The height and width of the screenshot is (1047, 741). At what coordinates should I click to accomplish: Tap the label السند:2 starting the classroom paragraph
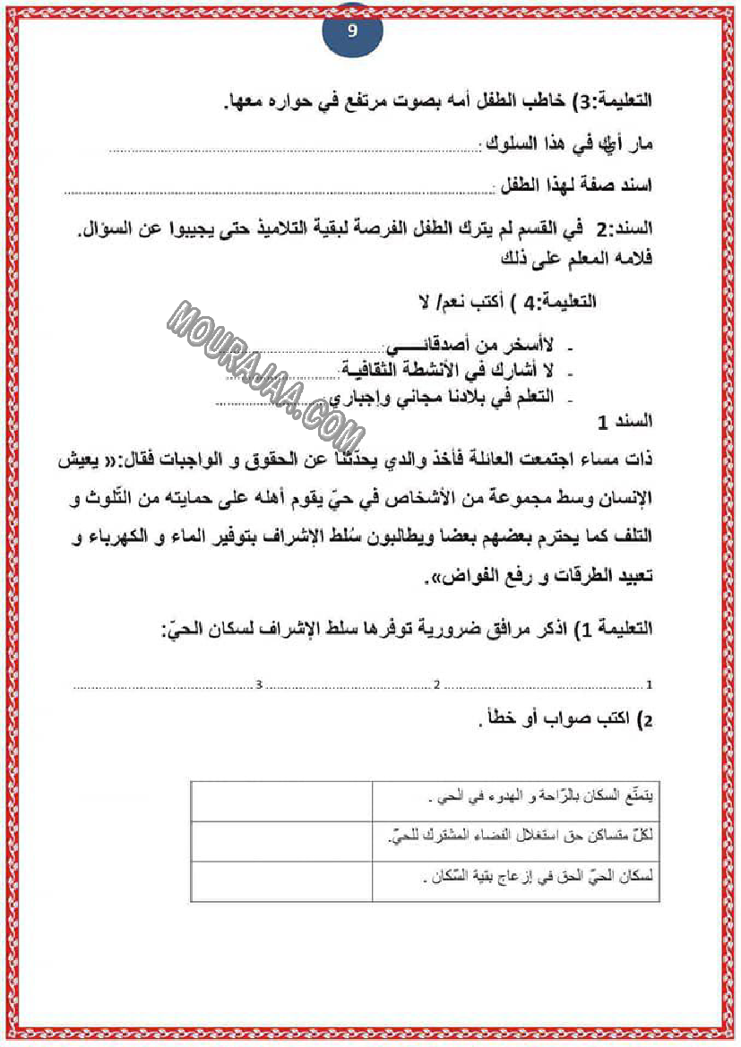(x=624, y=230)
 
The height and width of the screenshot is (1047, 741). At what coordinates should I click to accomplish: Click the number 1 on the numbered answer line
(x=648, y=685)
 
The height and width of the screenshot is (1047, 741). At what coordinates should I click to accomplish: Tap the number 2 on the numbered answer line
(x=437, y=685)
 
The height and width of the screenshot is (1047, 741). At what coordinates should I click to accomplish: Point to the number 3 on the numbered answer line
(x=259, y=685)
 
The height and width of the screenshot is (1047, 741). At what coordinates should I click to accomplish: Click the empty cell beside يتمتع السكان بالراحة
(x=281, y=801)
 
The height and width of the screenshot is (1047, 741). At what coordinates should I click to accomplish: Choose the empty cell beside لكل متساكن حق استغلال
(x=281, y=841)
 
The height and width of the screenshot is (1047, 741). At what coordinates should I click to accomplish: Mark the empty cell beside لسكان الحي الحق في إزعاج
(x=281, y=881)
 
